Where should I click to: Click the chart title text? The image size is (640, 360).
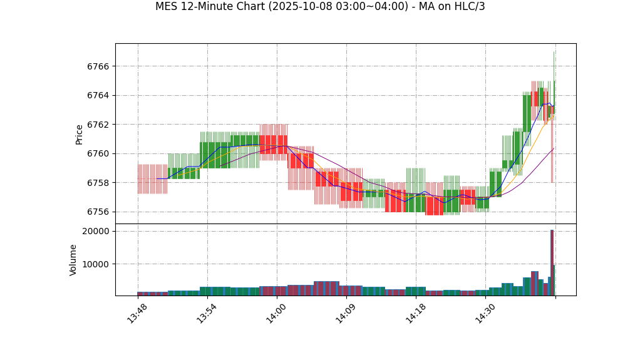point(320,7)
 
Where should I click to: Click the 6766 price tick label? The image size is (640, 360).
point(98,66)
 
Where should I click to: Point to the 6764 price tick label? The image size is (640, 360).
point(98,96)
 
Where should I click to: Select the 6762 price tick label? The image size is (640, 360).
point(98,125)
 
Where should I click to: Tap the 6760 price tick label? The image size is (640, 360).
point(98,154)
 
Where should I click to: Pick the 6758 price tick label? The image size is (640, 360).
point(98,183)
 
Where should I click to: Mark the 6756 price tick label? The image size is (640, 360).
point(98,212)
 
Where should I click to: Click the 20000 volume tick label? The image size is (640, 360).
point(95,232)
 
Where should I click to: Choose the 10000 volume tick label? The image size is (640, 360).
point(95,264)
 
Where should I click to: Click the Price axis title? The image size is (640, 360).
point(80,134)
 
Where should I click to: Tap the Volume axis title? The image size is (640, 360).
point(74,260)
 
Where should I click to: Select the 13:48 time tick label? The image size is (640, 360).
point(137,313)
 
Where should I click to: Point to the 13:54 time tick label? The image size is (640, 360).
point(207,313)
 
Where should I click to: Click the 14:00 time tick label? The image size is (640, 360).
point(276,313)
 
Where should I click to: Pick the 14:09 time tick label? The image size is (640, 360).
point(346,313)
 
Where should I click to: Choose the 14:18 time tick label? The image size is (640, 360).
point(416,313)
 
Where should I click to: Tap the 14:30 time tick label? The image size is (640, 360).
point(485,313)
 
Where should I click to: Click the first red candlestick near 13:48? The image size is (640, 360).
point(152,179)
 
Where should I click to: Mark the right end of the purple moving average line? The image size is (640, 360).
point(554,148)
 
